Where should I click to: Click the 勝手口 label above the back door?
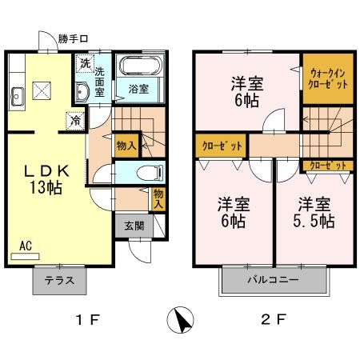[x=73, y=39]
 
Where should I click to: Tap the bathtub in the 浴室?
[x=140, y=66]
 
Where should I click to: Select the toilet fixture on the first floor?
[x=150, y=173]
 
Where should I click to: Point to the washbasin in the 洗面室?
[x=82, y=92]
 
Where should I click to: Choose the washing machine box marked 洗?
[x=85, y=63]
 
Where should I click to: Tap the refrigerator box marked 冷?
[x=75, y=121]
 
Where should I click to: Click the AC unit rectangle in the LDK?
[x=25, y=256]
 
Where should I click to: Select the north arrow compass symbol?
[x=180, y=320]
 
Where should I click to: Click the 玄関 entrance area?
[x=134, y=226]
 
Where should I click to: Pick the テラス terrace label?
[x=59, y=281]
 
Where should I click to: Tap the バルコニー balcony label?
[x=274, y=280]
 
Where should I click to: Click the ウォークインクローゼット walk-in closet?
[x=328, y=78]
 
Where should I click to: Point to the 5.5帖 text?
[x=314, y=221]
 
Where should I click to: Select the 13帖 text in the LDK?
[x=46, y=187]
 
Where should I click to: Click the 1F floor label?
[x=88, y=319]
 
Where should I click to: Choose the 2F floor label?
[x=274, y=319]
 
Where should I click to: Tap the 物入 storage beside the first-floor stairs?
[x=126, y=146]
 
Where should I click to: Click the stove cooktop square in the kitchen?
[x=42, y=90]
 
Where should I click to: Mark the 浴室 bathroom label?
[x=138, y=89]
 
